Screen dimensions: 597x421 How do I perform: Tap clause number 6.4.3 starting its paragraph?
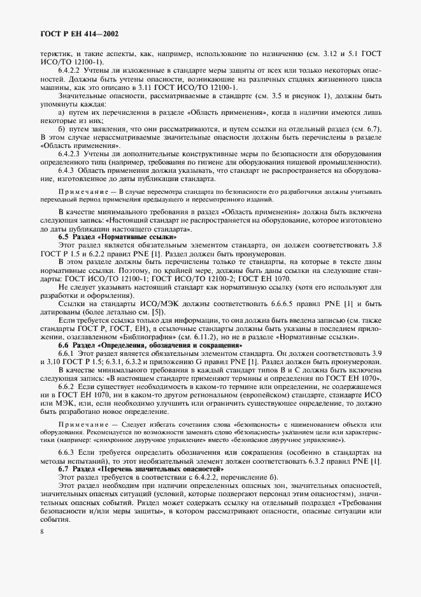point(67,170)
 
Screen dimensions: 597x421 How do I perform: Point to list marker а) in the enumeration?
point(62,112)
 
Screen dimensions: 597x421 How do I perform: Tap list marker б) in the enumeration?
point(62,128)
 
